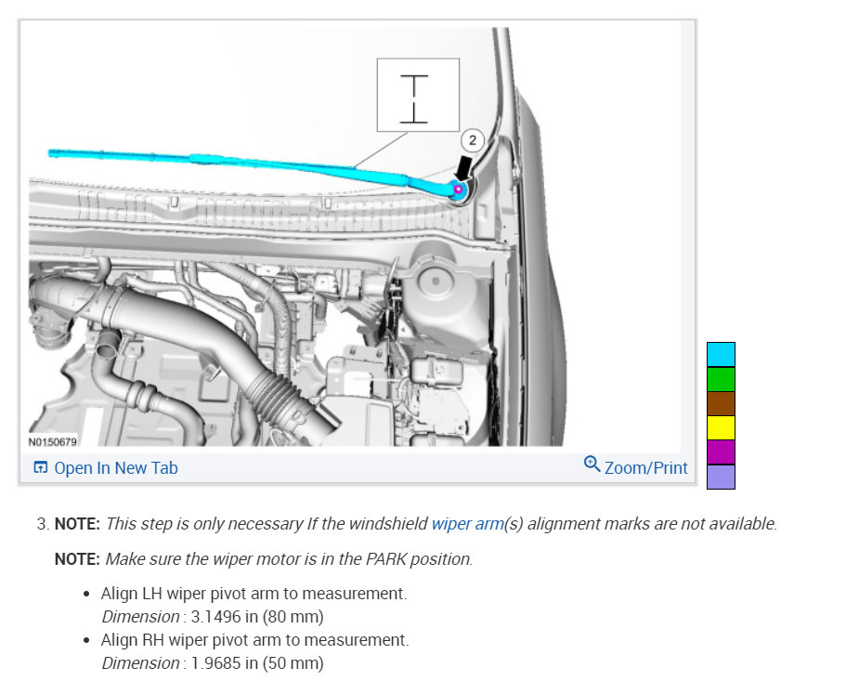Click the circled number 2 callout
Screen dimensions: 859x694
tap(473, 140)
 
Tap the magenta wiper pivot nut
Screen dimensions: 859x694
tap(459, 190)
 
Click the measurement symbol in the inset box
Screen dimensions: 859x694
tap(413, 98)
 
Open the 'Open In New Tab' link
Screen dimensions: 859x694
tap(106, 467)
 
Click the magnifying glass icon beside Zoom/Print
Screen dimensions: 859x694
tap(592, 465)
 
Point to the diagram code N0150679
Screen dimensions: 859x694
tap(53, 442)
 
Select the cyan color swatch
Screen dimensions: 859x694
tap(721, 354)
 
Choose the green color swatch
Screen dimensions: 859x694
tap(721, 379)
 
